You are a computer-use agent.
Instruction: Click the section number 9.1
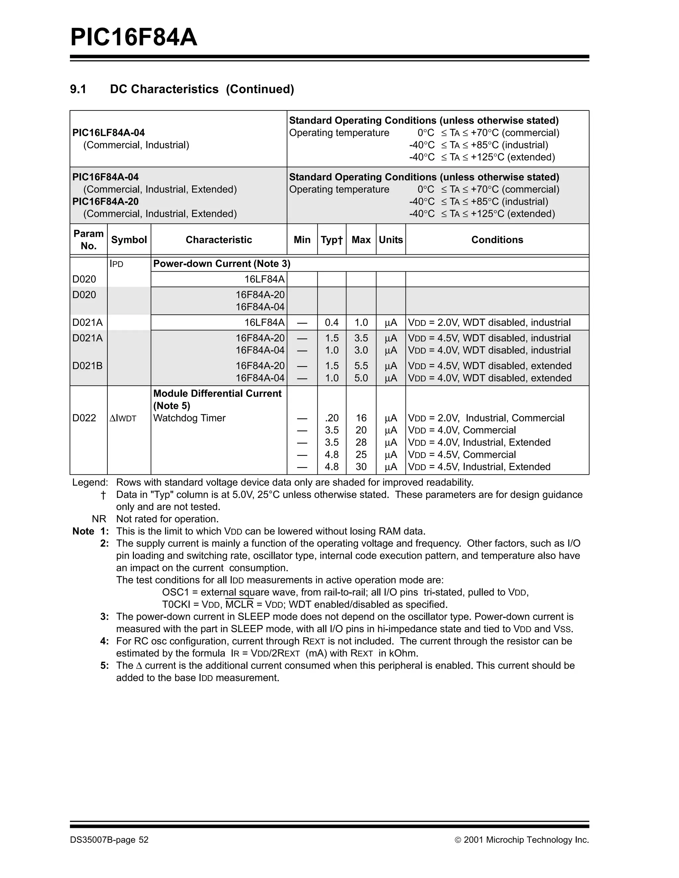pos(78,89)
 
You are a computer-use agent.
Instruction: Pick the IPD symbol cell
pos(116,264)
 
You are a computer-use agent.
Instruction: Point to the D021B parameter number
pos(87,366)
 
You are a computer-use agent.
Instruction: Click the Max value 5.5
pos(361,366)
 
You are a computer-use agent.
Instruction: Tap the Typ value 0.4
pos(332,322)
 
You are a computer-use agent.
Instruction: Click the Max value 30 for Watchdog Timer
pos(361,467)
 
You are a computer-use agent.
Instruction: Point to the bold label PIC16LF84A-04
pos(108,133)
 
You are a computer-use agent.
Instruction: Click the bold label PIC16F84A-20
pos(105,201)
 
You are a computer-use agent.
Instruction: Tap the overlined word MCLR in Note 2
pos(239,605)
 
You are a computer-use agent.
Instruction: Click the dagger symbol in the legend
pos(103,495)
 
